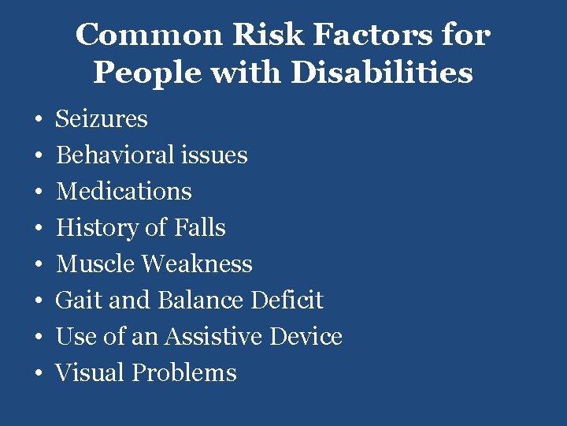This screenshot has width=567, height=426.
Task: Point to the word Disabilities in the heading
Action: pyautogui.click(x=381, y=73)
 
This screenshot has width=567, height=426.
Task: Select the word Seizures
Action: pyautogui.click(x=102, y=119)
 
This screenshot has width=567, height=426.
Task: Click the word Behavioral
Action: pyautogui.click(x=116, y=155)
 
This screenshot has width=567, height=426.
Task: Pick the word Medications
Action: pyautogui.click(x=124, y=192)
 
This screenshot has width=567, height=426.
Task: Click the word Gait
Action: pyautogui.click(x=75, y=301)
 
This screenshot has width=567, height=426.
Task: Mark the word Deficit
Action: pyautogui.click(x=287, y=301)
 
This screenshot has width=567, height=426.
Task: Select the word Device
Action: pyautogui.click(x=306, y=337)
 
